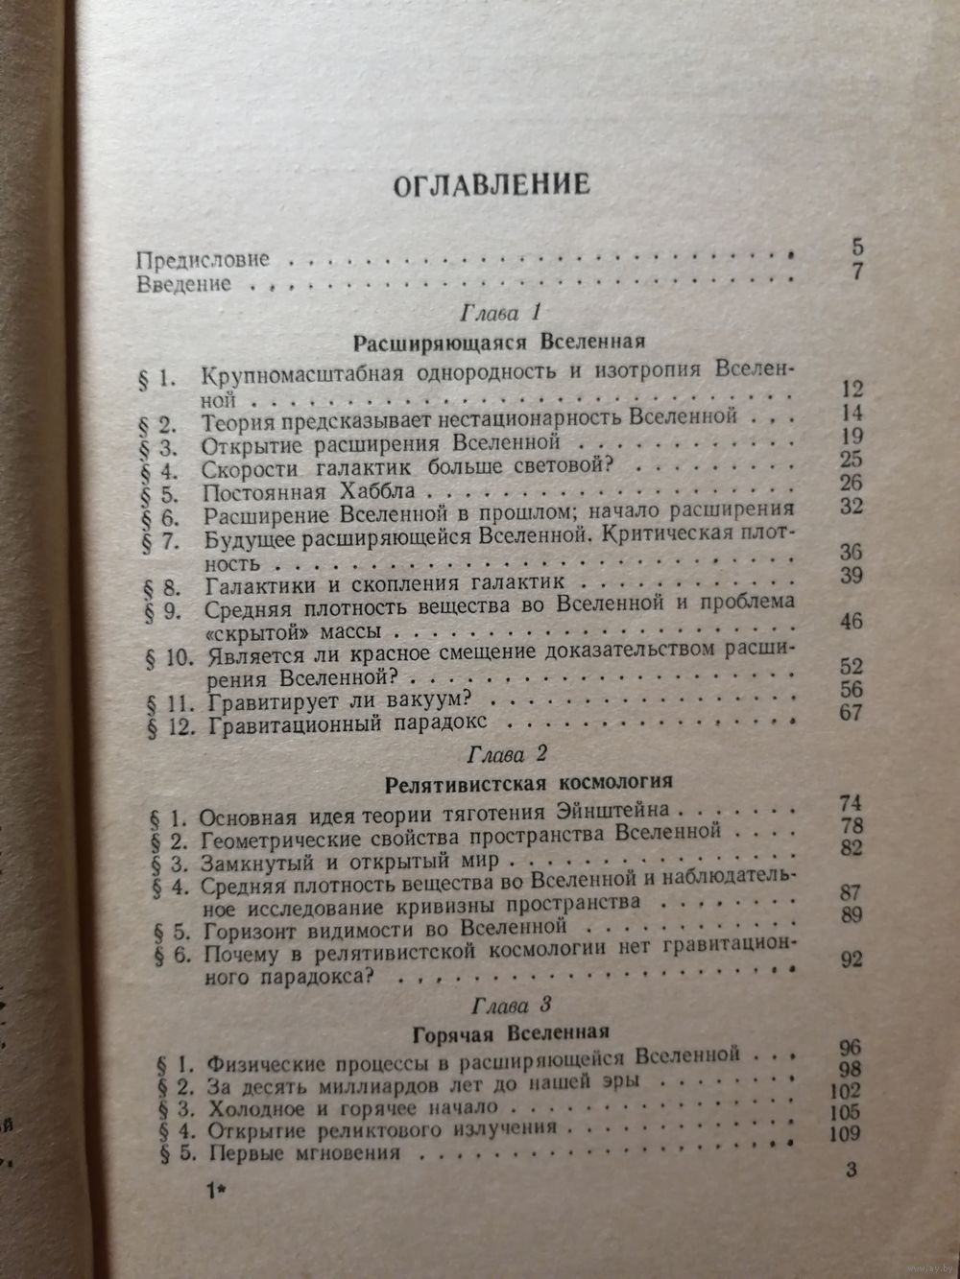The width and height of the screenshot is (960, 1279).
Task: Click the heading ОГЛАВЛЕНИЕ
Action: [491, 183]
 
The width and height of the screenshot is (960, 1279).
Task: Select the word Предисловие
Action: [203, 260]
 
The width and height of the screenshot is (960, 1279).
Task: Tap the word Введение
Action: [183, 284]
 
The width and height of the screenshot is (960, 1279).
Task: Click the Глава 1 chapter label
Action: [497, 314]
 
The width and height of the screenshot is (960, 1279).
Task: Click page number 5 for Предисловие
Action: [857, 249]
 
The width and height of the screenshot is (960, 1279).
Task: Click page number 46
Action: [852, 622]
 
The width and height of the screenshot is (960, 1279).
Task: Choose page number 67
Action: [852, 712]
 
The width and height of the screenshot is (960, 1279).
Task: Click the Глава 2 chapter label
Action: [498, 751]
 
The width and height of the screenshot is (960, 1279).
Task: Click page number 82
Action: [850, 847]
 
